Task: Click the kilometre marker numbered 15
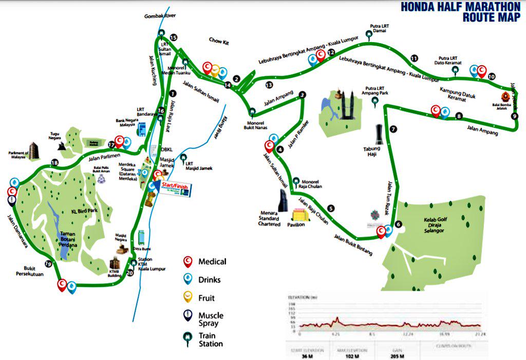pyautogui.click(x=173, y=37)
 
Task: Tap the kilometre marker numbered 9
pyautogui.click(x=515, y=116)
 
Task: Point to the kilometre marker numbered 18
pyautogui.click(x=54, y=163)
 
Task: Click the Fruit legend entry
pyautogui.click(x=206, y=298)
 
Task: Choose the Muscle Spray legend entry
pyautogui.click(x=211, y=319)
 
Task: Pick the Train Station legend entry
pyautogui.click(x=211, y=340)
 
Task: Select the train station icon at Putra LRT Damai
pyautogui.click(x=368, y=34)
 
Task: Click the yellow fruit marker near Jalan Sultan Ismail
pyautogui.click(x=216, y=68)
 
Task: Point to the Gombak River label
pyautogui.click(x=160, y=16)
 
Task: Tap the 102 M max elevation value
pyautogui.click(x=345, y=356)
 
